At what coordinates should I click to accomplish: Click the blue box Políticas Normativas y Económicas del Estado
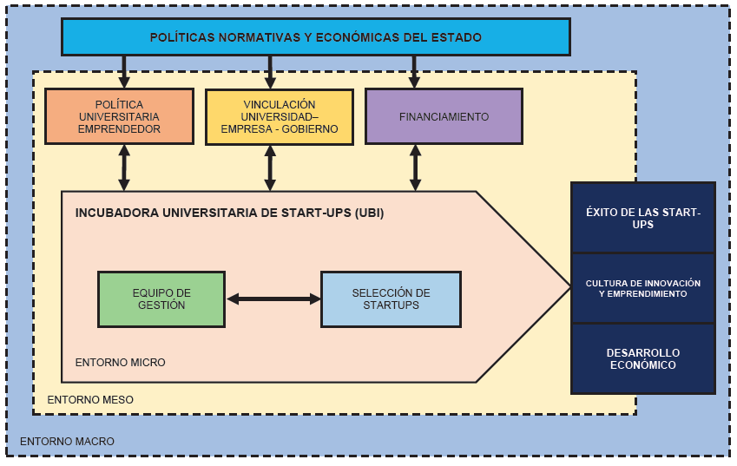(x=315, y=37)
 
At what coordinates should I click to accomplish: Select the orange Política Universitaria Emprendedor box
(x=119, y=116)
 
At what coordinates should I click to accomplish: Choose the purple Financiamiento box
(x=444, y=116)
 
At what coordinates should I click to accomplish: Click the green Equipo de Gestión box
(x=161, y=299)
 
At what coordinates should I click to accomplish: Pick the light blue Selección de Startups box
(x=391, y=299)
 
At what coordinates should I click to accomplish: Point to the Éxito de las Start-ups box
(x=642, y=218)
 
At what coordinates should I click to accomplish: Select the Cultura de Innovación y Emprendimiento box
(x=642, y=288)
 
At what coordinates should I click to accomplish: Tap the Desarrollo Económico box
(x=642, y=358)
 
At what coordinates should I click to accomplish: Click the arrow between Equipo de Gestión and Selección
(x=273, y=299)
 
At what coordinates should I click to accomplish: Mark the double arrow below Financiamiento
(x=415, y=167)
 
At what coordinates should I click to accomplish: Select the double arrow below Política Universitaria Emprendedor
(x=124, y=167)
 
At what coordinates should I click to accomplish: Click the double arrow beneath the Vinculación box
(x=270, y=167)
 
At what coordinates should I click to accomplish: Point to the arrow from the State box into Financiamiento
(x=414, y=71)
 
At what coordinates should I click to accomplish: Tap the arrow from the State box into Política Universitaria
(x=124, y=71)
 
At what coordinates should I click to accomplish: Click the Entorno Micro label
(x=120, y=362)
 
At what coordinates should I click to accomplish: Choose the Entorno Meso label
(x=90, y=400)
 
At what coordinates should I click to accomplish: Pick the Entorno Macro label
(x=67, y=442)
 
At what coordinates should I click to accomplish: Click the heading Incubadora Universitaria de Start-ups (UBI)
(x=229, y=212)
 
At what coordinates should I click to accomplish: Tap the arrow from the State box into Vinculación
(x=270, y=71)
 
